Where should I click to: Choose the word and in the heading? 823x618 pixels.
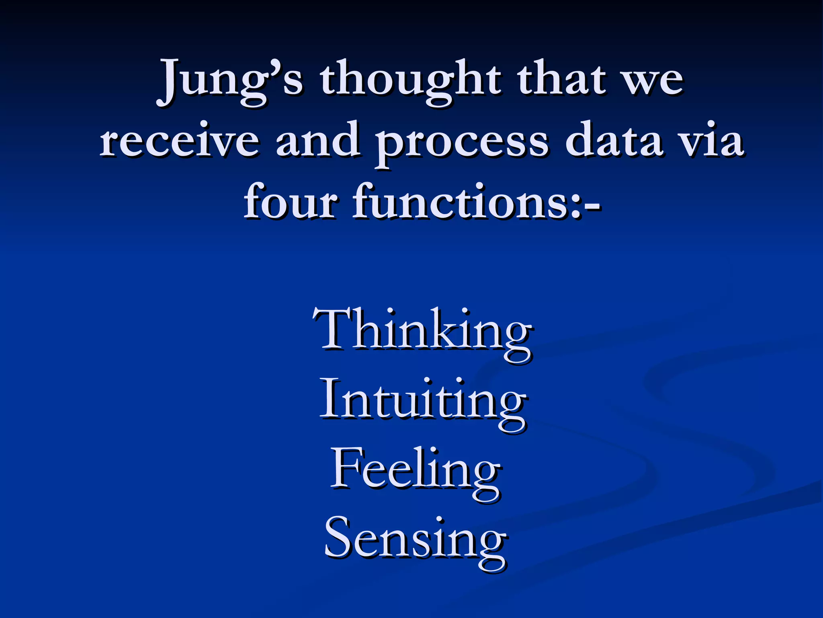coord(318,141)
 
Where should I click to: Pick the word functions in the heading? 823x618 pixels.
coord(462,201)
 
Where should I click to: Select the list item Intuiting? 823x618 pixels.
coord(422,402)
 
